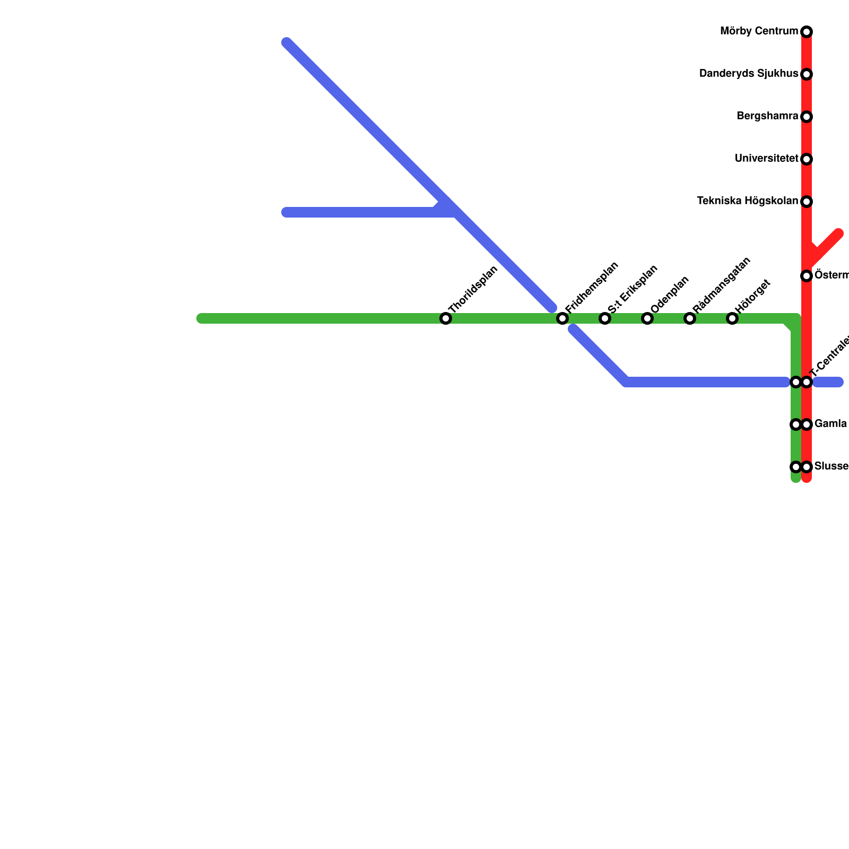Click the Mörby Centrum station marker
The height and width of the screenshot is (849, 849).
pos(807,32)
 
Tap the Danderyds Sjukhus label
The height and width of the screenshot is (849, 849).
pos(748,74)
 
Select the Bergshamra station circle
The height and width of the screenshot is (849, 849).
pos(807,117)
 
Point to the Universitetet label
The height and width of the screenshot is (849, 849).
pos(766,159)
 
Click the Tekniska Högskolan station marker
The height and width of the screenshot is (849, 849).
pos(807,202)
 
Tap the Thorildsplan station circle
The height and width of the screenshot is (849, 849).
pos(446,318)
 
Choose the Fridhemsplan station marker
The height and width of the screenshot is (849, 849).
pos(562,318)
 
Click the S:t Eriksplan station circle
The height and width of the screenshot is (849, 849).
pos(605,318)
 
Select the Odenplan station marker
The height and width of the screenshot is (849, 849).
pos(647,318)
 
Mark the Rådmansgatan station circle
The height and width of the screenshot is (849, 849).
pos(690,318)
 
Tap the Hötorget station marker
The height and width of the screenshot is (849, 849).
pos(732,318)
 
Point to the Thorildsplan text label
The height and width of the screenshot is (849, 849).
pos(473,290)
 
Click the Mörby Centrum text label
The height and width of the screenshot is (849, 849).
pos(759,31)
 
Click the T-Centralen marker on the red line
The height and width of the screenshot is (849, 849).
pos(807,382)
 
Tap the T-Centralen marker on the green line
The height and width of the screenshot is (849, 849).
pos(795,382)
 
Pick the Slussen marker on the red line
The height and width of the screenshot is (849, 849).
pos(807,467)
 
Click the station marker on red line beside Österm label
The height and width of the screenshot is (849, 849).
pos(807,276)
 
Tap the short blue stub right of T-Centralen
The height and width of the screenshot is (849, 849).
pos(829,382)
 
